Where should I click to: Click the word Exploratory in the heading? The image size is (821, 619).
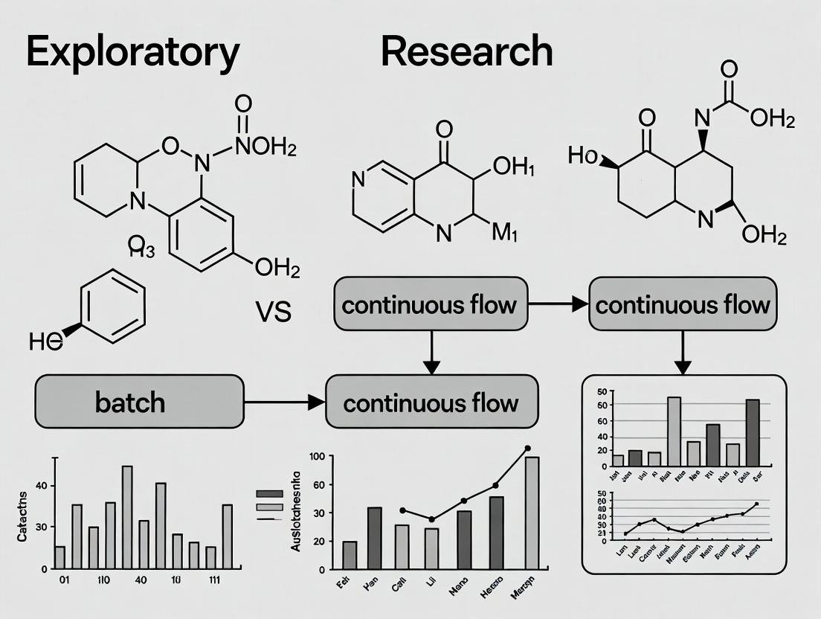click(x=133, y=52)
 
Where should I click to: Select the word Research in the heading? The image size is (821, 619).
click(x=466, y=52)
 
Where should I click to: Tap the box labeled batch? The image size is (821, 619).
click(x=139, y=402)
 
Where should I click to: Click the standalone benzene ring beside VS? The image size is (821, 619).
click(x=112, y=306)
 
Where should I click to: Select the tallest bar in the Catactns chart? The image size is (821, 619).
click(x=127, y=516)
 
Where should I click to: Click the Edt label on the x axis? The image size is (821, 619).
click(x=343, y=585)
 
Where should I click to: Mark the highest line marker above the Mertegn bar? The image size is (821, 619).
click(x=527, y=449)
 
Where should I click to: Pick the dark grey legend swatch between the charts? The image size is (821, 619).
click(x=269, y=494)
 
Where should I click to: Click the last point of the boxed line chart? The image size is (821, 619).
click(x=756, y=504)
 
